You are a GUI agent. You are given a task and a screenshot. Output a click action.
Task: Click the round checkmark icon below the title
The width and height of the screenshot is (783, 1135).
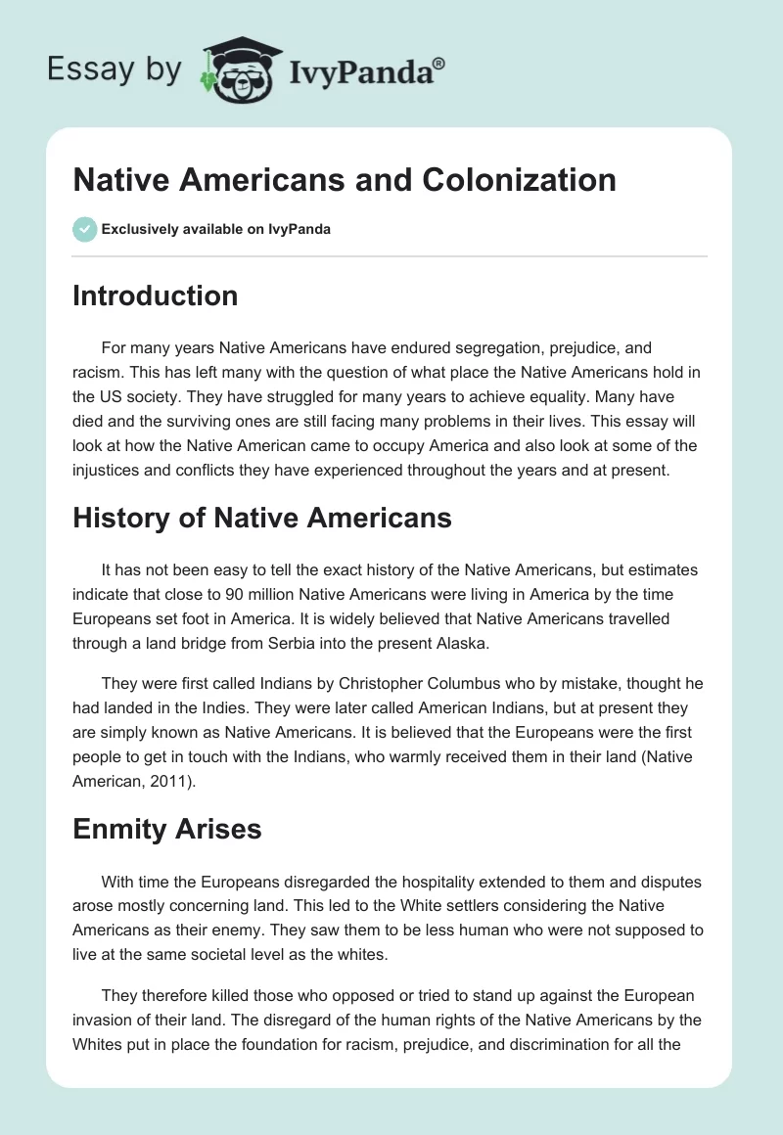coord(84,229)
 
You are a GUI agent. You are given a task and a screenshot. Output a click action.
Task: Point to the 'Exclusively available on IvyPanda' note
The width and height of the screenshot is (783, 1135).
coord(216,230)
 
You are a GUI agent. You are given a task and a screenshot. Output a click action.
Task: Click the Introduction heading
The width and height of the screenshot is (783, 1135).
coord(155,295)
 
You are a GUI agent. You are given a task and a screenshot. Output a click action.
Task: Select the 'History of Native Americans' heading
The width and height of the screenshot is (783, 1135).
coord(262,518)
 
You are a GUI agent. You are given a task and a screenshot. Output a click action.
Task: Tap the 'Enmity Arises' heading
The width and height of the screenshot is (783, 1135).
coord(167,829)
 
